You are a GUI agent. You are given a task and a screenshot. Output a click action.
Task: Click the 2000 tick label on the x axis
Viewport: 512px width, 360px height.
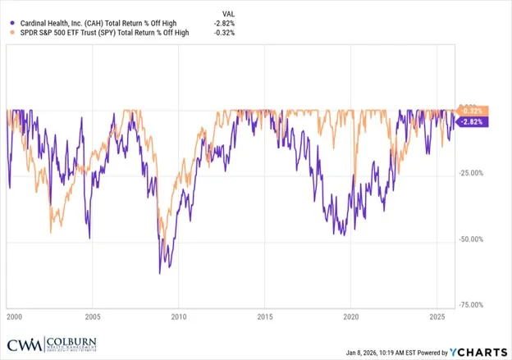[13, 315]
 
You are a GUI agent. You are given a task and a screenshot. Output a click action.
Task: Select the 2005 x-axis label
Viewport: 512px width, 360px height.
[93, 315]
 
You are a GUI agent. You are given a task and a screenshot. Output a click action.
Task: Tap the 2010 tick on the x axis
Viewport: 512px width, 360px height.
[179, 315]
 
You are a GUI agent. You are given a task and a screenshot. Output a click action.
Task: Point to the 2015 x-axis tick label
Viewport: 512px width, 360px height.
[265, 315]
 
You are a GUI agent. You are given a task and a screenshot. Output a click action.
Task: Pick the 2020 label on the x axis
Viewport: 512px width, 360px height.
[351, 315]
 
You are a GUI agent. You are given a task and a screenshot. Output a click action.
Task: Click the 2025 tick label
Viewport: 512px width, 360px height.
[437, 315]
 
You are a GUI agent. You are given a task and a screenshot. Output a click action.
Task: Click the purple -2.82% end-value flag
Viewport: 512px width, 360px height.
[473, 122]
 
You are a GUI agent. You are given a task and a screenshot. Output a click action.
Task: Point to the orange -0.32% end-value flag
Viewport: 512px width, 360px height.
[473, 111]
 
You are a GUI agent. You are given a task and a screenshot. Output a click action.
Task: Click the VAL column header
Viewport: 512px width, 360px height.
[228, 14]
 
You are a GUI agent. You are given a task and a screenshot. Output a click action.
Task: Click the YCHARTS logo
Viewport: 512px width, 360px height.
[478, 352]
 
